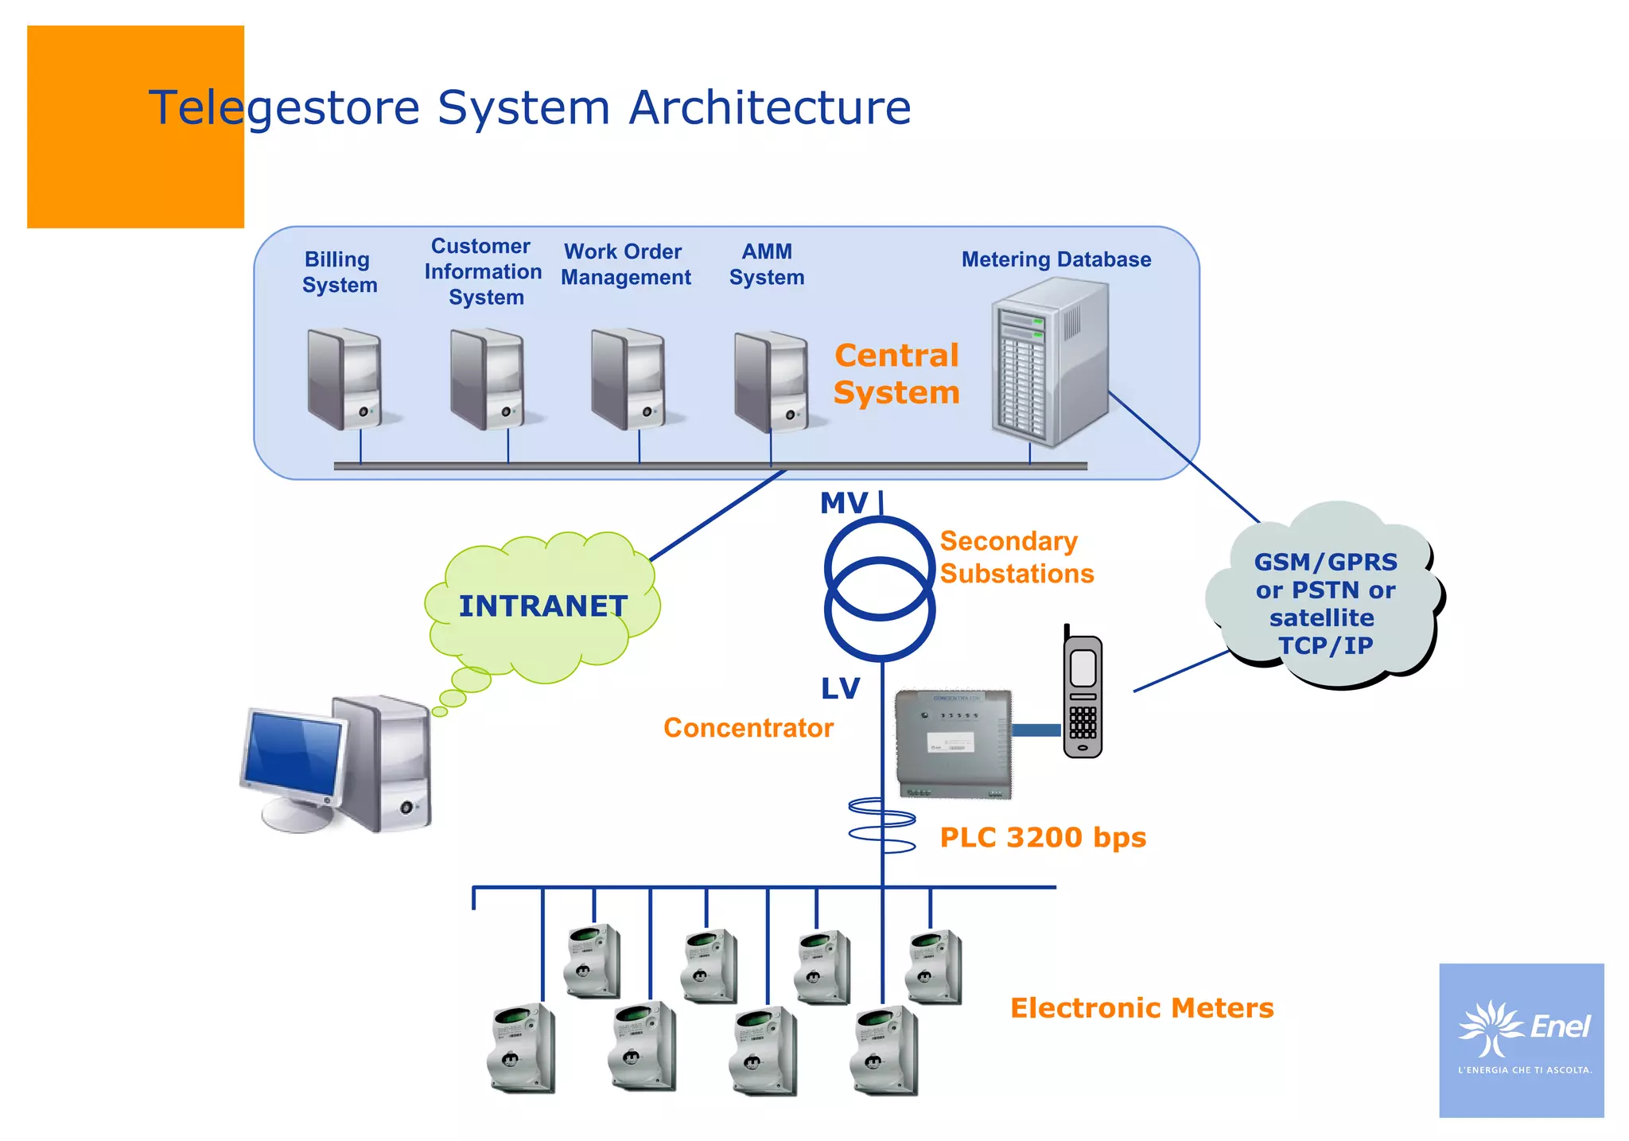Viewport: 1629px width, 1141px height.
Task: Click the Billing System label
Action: [x=340, y=272]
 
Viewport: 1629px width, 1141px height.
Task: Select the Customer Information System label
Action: [x=483, y=271]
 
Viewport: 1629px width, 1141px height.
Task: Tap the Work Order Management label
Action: [x=625, y=264]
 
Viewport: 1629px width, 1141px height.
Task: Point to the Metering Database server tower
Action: [x=1049, y=363]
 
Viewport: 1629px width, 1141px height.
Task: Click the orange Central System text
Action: [x=896, y=374]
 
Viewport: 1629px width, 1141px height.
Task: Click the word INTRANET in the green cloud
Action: [x=543, y=606]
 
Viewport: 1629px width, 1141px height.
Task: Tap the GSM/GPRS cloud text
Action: [x=1325, y=603]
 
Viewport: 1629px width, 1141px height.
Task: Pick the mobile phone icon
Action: [x=1083, y=695]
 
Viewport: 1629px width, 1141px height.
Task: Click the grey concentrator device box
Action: [x=954, y=742]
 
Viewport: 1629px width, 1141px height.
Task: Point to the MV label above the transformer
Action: [x=844, y=503]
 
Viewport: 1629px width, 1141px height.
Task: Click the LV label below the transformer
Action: [x=841, y=689]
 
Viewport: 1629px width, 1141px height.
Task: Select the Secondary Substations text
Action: [x=1016, y=557]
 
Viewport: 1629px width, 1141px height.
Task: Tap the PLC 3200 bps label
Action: [x=1043, y=838]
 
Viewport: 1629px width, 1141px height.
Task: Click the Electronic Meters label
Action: [x=1141, y=1008]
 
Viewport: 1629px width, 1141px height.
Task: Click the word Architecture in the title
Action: [x=769, y=107]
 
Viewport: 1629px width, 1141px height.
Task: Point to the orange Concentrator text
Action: [x=748, y=728]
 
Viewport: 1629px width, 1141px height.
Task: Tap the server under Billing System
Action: [x=344, y=380]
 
